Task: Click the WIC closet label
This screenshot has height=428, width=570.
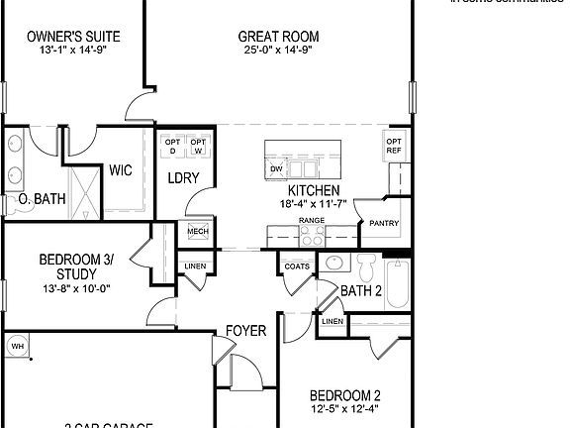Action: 122,170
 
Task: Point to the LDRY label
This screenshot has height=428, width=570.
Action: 184,178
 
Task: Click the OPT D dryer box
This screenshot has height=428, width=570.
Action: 172,146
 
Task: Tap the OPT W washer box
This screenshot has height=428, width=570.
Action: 199,146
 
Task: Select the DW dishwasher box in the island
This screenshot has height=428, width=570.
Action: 276,169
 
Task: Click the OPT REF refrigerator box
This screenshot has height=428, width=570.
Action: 394,147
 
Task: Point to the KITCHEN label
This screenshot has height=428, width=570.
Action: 314,190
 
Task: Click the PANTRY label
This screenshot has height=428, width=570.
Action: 384,224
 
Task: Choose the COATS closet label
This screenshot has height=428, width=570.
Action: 296,267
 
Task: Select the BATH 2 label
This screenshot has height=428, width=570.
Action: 361,290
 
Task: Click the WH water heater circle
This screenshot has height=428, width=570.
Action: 18,346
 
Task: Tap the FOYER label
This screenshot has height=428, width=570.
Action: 245,330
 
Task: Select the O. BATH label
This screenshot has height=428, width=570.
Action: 43,199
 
